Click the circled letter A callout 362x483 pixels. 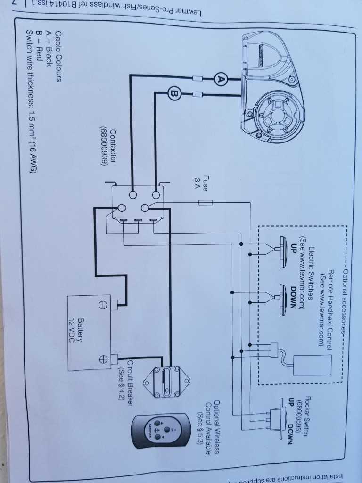(220, 79)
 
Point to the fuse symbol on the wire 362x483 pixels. (206, 203)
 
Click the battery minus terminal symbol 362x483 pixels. (101, 305)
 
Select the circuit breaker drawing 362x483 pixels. (166, 381)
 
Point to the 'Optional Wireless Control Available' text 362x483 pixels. (208, 426)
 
